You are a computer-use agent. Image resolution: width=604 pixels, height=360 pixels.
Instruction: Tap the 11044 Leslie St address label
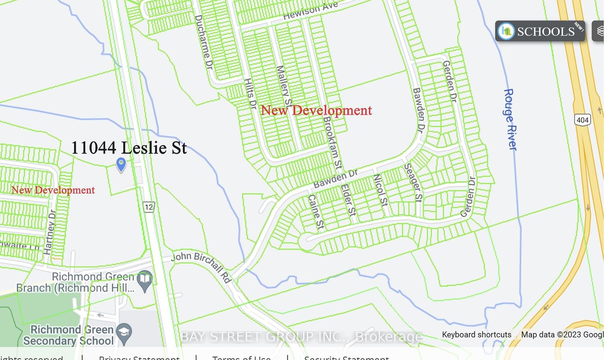click(129, 148)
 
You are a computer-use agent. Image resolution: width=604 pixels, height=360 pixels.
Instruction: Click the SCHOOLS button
click(540, 31)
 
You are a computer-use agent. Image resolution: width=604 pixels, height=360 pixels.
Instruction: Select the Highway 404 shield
click(582, 120)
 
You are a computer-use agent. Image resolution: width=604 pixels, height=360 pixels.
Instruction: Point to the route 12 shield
click(149, 207)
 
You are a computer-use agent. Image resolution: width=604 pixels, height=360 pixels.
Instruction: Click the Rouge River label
click(510, 119)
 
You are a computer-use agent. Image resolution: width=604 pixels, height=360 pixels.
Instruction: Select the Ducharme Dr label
click(204, 42)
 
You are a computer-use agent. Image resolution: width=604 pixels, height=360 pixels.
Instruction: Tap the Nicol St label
click(381, 190)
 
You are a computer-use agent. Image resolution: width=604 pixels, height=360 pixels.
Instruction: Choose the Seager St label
click(413, 182)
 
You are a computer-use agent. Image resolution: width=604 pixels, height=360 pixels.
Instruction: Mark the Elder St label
click(348, 200)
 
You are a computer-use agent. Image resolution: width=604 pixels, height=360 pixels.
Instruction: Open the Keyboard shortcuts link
click(476, 335)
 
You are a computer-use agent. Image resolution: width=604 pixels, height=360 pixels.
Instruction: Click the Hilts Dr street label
click(250, 93)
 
